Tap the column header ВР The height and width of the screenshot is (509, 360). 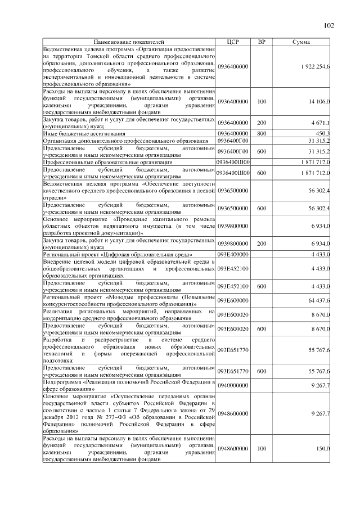[x=261, y=42]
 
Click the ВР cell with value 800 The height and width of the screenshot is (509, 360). [x=261, y=133]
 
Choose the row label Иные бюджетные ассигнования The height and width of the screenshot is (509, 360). [x=84, y=134]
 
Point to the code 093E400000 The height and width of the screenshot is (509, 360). [x=233, y=255]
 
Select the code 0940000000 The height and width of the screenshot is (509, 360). [x=233, y=385]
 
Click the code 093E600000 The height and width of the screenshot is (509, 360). [x=233, y=301]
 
